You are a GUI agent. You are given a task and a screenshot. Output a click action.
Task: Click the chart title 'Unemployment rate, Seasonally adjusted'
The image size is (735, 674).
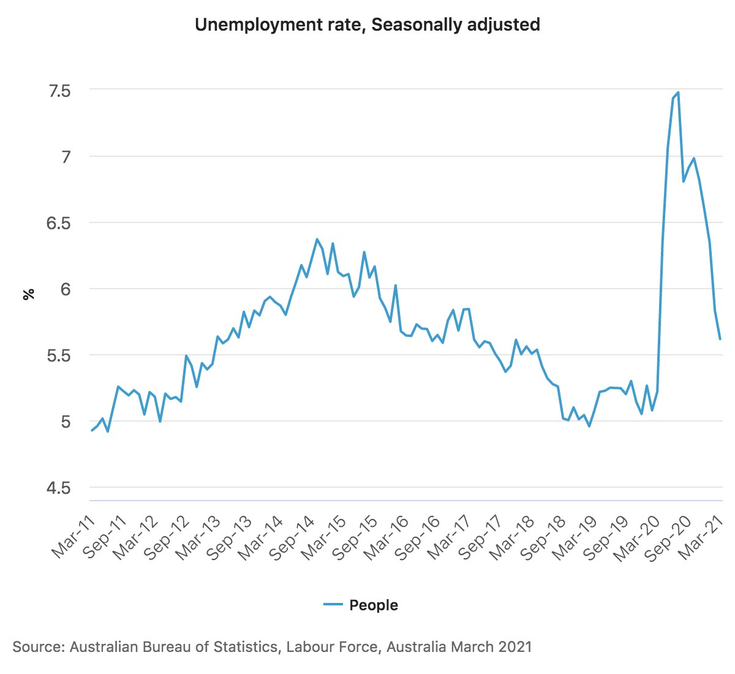[367, 25]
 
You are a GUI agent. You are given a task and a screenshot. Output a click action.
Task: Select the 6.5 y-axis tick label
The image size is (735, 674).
[59, 223]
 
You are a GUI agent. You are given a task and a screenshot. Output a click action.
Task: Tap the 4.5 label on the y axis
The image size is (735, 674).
[59, 488]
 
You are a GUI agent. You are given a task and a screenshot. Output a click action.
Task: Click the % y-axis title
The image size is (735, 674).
[29, 294]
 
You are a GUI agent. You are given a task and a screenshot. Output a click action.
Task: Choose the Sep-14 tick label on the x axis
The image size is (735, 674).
[293, 537]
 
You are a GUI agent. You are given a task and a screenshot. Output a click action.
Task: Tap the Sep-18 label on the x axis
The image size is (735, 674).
[543, 537]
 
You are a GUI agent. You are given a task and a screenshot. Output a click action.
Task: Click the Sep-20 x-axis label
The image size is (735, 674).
[668, 537]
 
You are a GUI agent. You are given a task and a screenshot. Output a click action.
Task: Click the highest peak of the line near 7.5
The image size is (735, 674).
[678, 93]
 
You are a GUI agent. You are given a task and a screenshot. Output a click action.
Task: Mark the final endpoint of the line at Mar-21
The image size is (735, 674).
[720, 339]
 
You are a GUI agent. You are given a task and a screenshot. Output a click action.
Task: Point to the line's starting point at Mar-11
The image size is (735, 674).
[92, 431]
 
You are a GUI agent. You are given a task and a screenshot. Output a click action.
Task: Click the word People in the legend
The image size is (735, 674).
[374, 605]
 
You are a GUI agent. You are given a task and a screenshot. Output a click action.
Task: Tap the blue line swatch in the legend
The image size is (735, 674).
[333, 605]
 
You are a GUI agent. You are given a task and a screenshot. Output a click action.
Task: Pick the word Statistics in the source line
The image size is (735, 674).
[244, 647]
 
